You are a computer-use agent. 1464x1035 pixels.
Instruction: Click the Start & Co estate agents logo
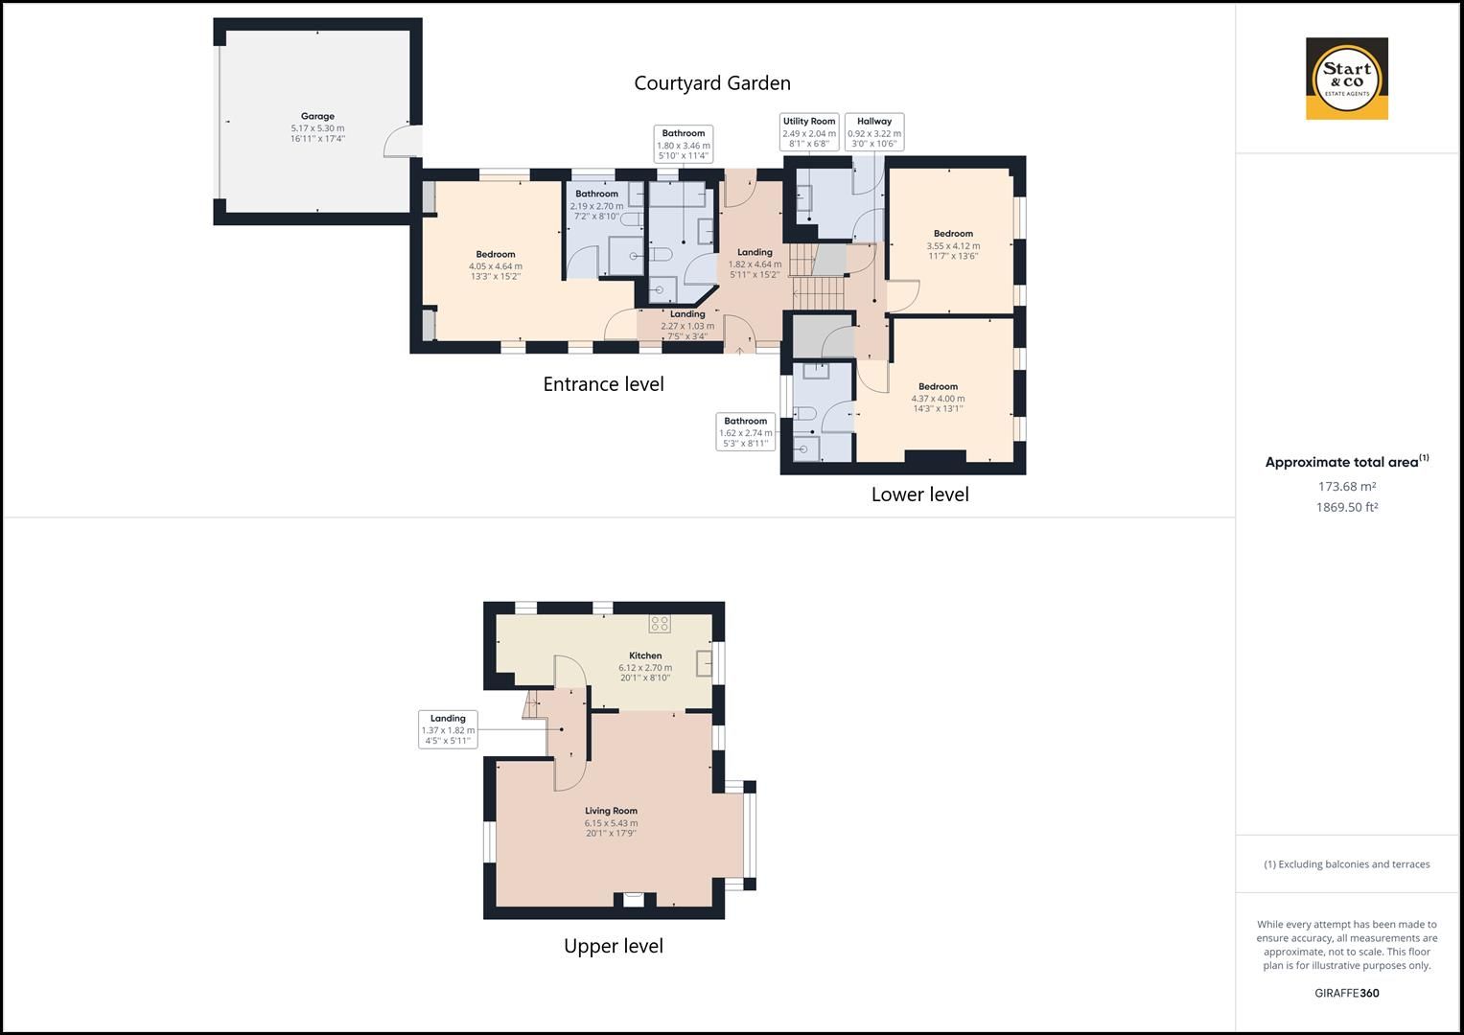coord(1346,79)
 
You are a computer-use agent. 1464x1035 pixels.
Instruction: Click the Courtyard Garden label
coord(711,83)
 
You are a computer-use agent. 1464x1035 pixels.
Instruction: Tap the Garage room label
coord(317,127)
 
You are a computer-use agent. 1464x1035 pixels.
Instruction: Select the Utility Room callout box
coord(808,132)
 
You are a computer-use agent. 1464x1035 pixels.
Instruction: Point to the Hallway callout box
coord(873,132)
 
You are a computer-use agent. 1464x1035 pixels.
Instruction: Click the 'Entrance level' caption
coord(603,384)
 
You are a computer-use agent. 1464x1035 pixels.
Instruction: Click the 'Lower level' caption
coord(919,494)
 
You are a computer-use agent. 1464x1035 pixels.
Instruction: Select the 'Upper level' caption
coord(613,946)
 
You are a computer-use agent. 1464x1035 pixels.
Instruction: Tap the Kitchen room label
coord(645,666)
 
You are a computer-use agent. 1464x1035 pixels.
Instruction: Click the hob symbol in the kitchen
coord(660,624)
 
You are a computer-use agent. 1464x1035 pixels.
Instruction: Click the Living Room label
coord(611,821)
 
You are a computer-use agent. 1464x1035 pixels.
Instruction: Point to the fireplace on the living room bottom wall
coord(634,899)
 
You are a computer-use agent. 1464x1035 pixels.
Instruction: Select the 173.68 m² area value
coord(1346,487)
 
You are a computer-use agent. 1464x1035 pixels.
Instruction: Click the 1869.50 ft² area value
coord(1346,508)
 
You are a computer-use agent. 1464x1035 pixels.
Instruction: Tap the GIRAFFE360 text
coord(1346,993)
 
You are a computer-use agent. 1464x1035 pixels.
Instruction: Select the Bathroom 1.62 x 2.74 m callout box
coord(745,432)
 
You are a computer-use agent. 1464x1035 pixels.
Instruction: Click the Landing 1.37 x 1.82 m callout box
coord(448,729)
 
